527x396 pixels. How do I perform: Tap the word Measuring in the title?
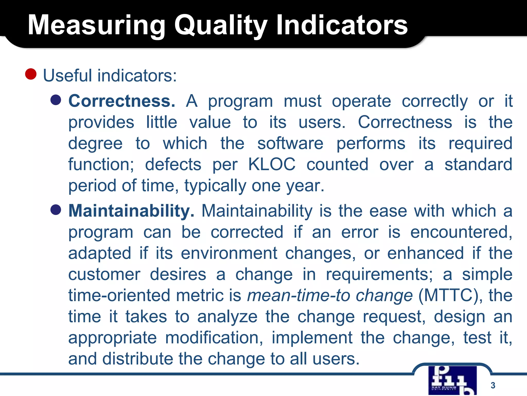[x=96, y=25]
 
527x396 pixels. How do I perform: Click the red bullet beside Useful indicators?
[x=31, y=74]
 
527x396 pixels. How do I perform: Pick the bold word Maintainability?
[x=131, y=211]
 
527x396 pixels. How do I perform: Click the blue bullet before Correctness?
[x=56, y=100]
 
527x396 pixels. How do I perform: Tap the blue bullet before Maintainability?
[x=56, y=210]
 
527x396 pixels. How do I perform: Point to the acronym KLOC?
[x=272, y=164]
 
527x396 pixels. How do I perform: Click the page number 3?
[x=493, y=385]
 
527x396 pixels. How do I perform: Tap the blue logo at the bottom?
[x=452, y=381]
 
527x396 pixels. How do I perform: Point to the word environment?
[x=229, y=253]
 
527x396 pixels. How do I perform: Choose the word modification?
[x=214, y=338]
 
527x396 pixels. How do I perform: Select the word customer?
[x=104, y=274]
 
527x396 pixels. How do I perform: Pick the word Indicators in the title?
[x=342, y=25]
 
